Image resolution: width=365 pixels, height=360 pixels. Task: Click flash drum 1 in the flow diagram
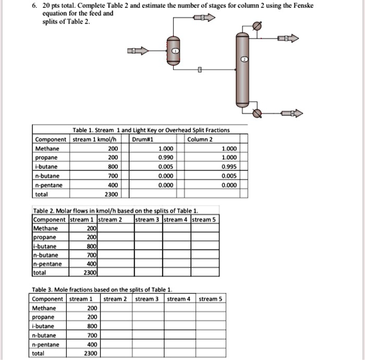click(175, 51)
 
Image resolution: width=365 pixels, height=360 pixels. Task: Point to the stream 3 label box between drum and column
click(199, 69)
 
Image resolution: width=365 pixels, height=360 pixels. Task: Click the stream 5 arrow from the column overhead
click(288, 38)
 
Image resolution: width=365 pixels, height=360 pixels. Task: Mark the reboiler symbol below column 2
click(256, 113)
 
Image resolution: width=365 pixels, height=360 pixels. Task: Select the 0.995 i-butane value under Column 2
click(229, 166)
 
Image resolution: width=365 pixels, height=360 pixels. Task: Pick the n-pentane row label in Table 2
click(47, 264)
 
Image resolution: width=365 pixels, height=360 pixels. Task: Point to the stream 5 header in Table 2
click(205, 219)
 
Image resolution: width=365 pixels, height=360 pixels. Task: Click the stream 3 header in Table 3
click(147, 299)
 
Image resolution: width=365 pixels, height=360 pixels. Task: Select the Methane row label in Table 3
click(44, 308)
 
